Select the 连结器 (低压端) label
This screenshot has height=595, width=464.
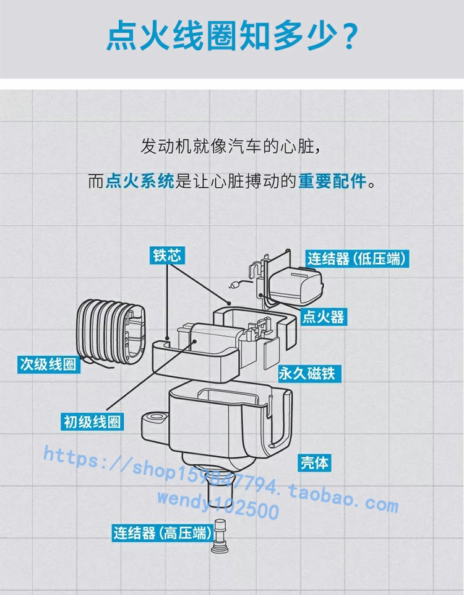tap(358, 258)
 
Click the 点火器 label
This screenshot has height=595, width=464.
tap(322, 317)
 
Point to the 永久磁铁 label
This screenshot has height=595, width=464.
tap(307, 373)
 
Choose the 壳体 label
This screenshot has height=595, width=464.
tap(315, 462)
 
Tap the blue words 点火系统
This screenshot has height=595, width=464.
tap(140, 182)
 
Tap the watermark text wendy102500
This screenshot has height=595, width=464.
tap(218, 504)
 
